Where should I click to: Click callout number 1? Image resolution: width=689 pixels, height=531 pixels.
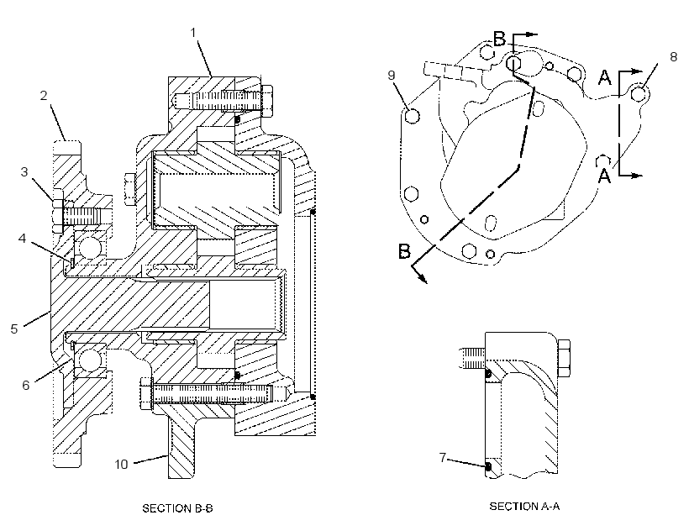pos(193,33)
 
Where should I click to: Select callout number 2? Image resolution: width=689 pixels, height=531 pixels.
pos(44,95)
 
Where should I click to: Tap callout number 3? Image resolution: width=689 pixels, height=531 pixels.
pos(24,171)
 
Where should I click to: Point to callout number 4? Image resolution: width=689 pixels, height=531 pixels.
pos(22,238)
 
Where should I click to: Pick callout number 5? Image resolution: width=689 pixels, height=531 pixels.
pos(14,329)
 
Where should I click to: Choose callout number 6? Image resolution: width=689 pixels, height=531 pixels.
pos(26,385)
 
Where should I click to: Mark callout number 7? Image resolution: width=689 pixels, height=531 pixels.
pos(443,458)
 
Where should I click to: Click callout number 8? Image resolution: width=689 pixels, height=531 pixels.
pos(674,56)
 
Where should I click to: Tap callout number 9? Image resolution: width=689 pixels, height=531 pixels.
pos(392,75)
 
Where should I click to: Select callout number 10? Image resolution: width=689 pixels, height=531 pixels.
pos(121,464)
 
